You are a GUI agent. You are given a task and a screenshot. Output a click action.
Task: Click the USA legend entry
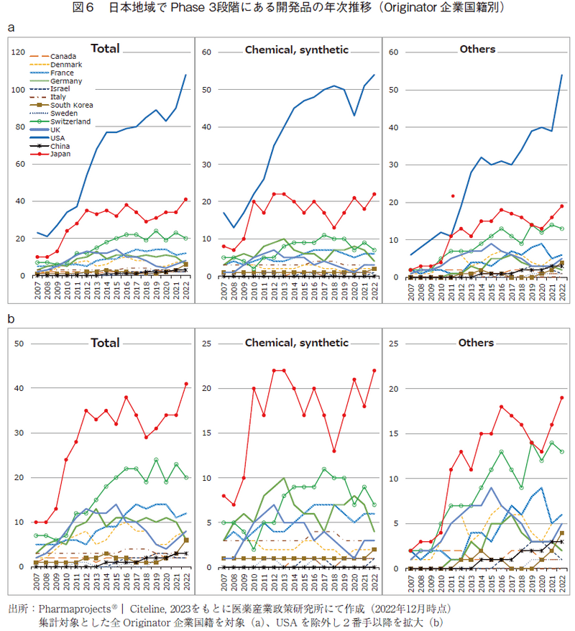click(57, 137)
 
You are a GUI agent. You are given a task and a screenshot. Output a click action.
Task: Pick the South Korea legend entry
click(68, 106)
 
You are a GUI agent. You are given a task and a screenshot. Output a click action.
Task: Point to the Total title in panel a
click(105, 50)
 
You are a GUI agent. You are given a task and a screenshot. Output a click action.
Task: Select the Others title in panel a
click(477, 49)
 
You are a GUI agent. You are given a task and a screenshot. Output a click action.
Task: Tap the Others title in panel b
click(477, 343)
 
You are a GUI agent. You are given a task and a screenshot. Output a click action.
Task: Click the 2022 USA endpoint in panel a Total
click(186, 75)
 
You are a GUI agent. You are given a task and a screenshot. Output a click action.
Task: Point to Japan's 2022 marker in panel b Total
click(186, 383)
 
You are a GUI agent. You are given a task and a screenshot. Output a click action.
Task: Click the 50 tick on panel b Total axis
click(19, 344)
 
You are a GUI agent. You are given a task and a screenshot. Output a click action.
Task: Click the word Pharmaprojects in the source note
click(70, 608)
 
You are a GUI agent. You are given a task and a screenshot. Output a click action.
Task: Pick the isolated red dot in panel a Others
click(452, 195)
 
